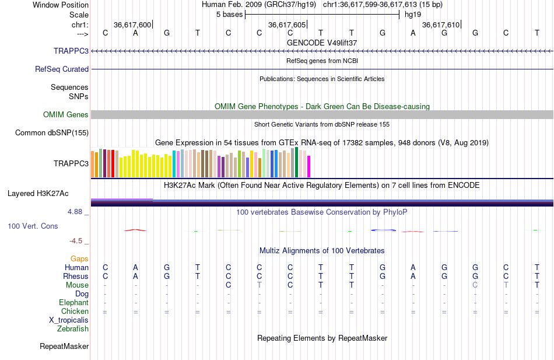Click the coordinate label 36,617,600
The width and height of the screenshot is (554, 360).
pos(132,25)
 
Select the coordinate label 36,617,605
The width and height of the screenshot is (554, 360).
pos(286,25)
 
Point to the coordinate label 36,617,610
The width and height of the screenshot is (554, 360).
pos(440,25)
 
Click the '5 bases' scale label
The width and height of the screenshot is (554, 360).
pos(227,14)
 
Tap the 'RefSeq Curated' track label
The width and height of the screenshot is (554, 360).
pos(62,69)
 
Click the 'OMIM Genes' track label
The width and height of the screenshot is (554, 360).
pos(66,114)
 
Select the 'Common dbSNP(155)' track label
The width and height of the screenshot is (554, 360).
pos(52,132)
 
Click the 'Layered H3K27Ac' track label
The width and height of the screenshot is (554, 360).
pos(38,193)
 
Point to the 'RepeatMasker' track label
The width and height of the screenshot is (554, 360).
pos(64,347)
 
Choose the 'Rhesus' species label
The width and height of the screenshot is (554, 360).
pos(76,276)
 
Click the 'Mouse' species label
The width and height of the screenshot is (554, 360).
pos(78,285)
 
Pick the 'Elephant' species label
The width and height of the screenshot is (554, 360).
pos(74,302)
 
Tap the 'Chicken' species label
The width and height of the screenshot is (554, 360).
pos(75,311)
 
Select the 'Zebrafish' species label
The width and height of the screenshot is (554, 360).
pos(73,328)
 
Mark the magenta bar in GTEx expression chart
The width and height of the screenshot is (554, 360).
pos(308,166)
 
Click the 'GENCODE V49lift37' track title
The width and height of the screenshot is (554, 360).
pos(322,43)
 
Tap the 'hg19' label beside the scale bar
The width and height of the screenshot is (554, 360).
pos(413,14)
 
